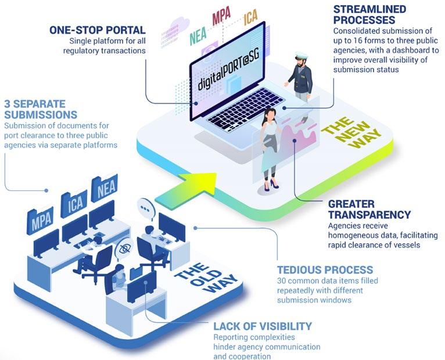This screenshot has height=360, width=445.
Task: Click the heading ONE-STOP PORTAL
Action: [97, 30]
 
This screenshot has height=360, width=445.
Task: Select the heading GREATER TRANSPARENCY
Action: [369, 209]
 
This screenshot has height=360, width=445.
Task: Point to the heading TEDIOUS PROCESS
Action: [325, 270]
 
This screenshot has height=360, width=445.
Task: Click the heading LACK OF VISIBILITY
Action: [263, 326]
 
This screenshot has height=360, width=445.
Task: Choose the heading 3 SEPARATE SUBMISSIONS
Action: [41, 109]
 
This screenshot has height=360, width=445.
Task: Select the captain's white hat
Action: [300, 58]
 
